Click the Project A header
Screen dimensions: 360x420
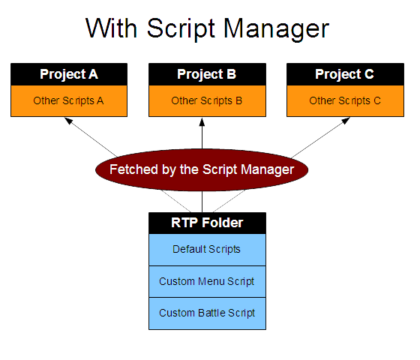click(x=69, y=74)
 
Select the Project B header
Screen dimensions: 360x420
click(x=207, y=74)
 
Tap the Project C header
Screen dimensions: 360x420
click(x=344, y=74)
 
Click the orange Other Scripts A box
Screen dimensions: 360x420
click(x=69, y=100)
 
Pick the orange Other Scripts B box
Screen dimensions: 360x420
click(x=207, y=100)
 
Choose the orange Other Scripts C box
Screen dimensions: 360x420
click(x=344, y=100)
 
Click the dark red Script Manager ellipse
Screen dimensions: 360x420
click(x=201, y=169)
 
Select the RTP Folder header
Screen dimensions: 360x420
click(x=207, y=223)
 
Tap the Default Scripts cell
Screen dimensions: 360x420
click(x=207, y=249)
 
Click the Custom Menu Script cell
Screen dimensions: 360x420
click(x=207, y=281)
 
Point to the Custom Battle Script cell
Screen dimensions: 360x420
click(x=207, y=313)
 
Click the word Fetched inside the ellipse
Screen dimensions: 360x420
click(x=133, y=169)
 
